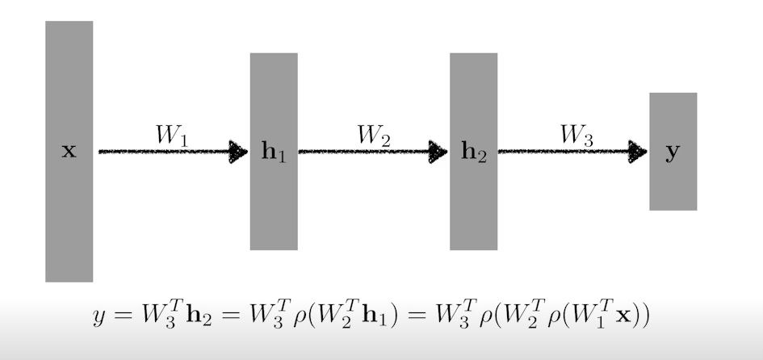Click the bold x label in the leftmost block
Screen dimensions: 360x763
69,151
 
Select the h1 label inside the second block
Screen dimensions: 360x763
274,152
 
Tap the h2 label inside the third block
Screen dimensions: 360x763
474,153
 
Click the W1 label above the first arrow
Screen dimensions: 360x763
172,136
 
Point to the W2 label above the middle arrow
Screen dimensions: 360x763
373,136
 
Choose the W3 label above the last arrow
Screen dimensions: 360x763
576,136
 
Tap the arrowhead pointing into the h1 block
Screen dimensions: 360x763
239,151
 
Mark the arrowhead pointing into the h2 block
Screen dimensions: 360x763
438,151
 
